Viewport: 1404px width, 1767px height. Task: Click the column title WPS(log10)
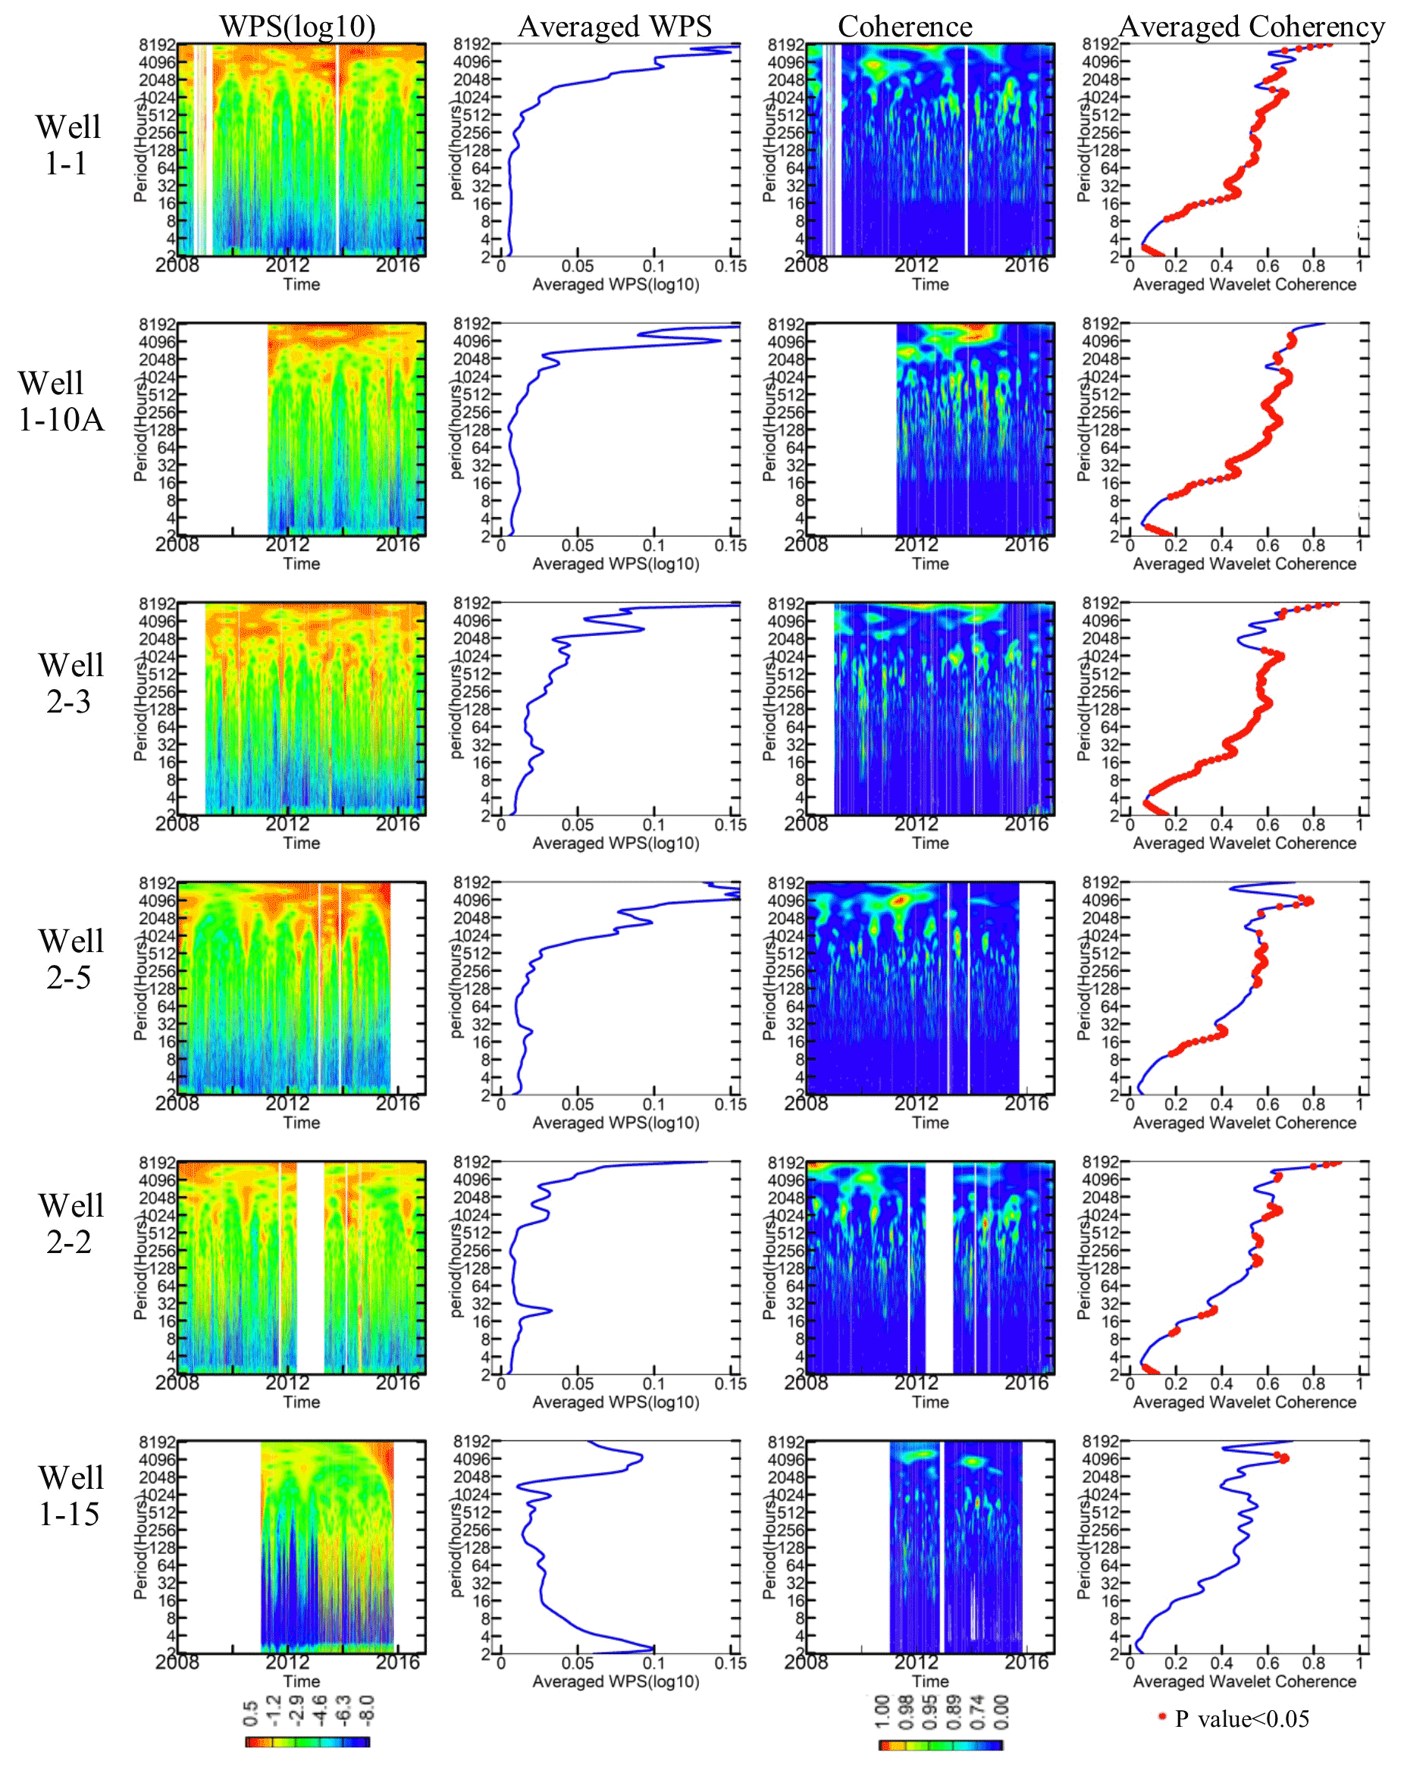[296, 27]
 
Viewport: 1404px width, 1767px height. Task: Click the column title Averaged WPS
[615, 27]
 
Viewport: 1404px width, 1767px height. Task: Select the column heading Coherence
[904, 27]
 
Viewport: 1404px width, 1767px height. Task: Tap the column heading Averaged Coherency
[1252, 27]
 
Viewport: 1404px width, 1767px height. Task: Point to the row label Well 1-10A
[61, 401]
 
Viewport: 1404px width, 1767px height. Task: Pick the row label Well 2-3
[71, 683]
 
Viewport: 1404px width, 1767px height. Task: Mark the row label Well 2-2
[71, 1223]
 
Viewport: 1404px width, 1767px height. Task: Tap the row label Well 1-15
[71, 1496]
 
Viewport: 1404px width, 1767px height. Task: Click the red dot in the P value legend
[1161, 1716]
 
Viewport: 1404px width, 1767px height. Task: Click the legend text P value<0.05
[1242, 1718]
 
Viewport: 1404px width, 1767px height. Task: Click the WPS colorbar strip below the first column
[307, 1741]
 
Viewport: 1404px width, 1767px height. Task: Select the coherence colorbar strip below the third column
[940, 1745]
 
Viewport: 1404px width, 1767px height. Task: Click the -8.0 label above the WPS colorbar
[366, 1709]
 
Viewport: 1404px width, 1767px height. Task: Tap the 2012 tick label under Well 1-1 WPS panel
[287, 265]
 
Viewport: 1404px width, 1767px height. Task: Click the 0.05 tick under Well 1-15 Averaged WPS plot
[577, 1663]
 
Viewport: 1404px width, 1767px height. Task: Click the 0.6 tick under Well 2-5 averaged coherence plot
[1267, 1104]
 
